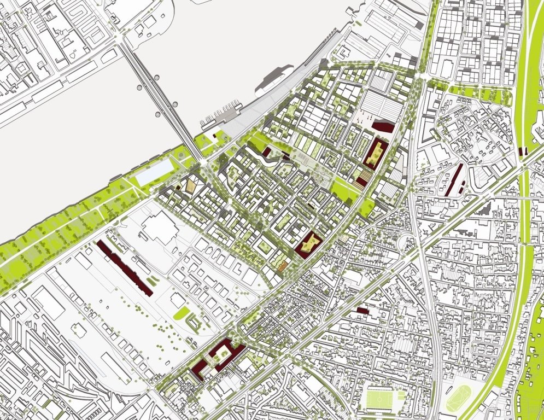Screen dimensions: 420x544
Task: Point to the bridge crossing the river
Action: point(159,98)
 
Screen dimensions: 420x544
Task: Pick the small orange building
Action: point(282,266)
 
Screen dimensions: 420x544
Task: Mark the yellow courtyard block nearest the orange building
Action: point(308,243)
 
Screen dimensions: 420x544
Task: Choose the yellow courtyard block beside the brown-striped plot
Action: point(375,153)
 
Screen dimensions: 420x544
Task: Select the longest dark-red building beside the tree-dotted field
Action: point(125,267)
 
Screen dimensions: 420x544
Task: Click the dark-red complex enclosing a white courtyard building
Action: point(219,358)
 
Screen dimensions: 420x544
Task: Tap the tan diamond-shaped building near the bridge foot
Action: point(191,185)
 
